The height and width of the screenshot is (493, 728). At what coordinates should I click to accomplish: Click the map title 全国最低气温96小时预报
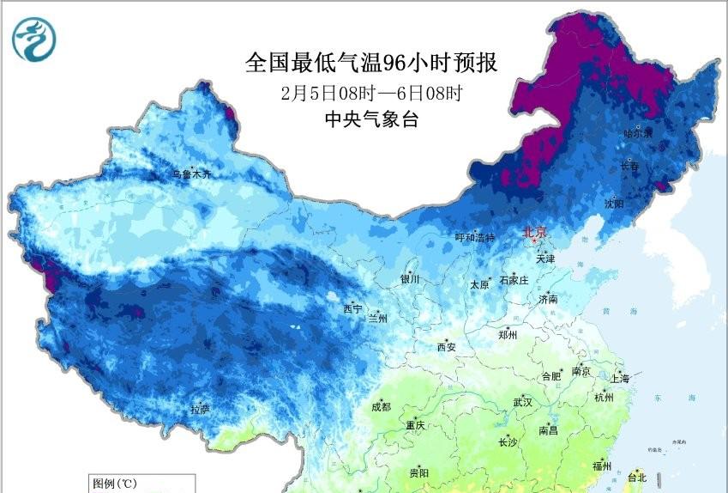[x=371, y=63]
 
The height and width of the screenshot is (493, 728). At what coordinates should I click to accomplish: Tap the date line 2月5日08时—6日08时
[x=371, y=92]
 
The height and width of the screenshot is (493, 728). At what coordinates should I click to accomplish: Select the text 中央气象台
[x=371, y=120]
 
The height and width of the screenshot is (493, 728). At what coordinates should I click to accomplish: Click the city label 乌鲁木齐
[x=191, y=174]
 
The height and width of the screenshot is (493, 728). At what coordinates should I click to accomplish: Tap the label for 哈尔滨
[x=638, y=133]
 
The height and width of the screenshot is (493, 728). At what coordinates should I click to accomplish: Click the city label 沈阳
[x=614, y=204]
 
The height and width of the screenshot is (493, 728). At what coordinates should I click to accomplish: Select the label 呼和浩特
[x=475, y=238]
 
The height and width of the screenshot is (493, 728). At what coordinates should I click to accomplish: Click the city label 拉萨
[x=200, y=409]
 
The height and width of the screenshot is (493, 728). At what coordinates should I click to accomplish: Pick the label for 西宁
[x=352, y=308]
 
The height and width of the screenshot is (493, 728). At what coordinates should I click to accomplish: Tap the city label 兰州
[x=377, y=318]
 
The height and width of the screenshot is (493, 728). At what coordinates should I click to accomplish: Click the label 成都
[x=382, y=407]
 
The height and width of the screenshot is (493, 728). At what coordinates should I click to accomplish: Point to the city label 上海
[x=620, y=379]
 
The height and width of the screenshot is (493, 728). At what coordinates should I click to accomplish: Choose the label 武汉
[x=522, y=402]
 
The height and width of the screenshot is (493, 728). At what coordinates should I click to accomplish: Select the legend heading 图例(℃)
[x=110, y=483]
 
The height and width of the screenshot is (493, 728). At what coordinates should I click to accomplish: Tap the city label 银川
[x=410, y=279]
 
